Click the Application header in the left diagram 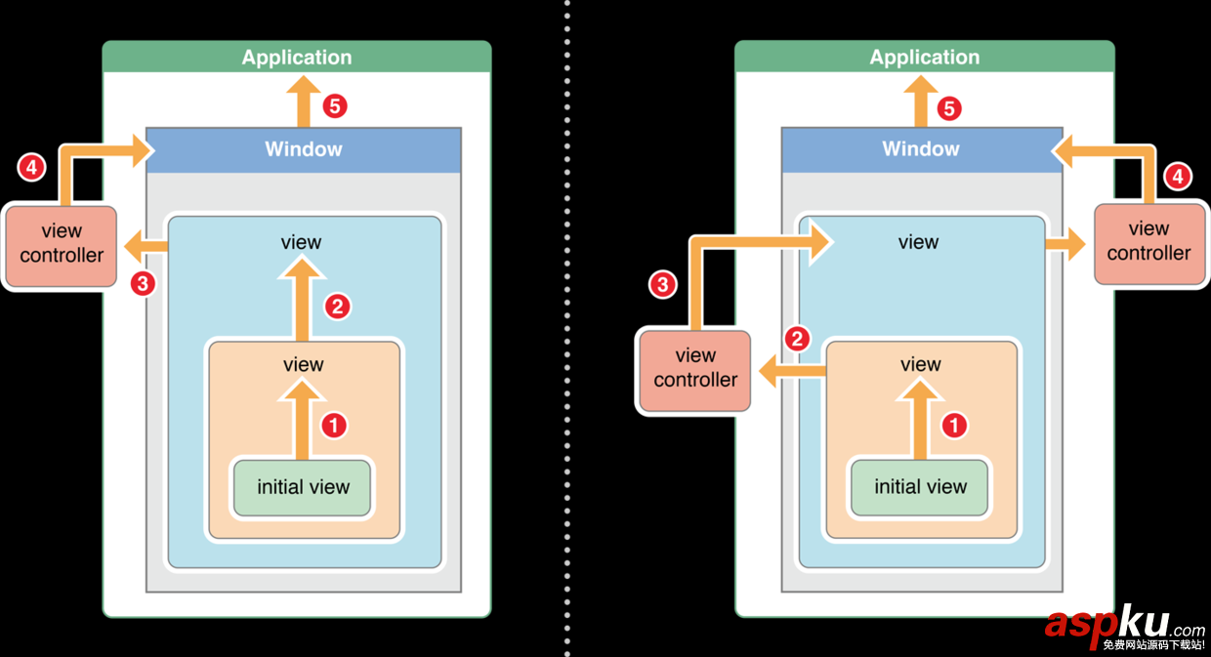[x=297, y=57]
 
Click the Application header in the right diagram [x=924, y=57]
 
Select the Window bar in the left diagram [x=303, y=149]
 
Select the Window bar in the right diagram [x=921, y=149]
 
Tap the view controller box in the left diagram [x=61, y=244]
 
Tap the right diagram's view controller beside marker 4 [x=1148, y=242]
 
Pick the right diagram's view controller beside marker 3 [x=694, y=369]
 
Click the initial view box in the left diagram [x=303, y=487]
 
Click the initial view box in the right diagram [x=920, y=487]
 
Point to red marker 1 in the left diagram [x=334, y=426]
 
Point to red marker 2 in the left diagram [x=337, y=307]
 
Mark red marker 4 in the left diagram [x=32, y=168]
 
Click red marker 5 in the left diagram [x=336, y=105]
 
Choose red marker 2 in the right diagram [x=798, y=339]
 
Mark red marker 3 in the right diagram [x=663, y=285]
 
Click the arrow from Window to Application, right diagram [x=921, y=103]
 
